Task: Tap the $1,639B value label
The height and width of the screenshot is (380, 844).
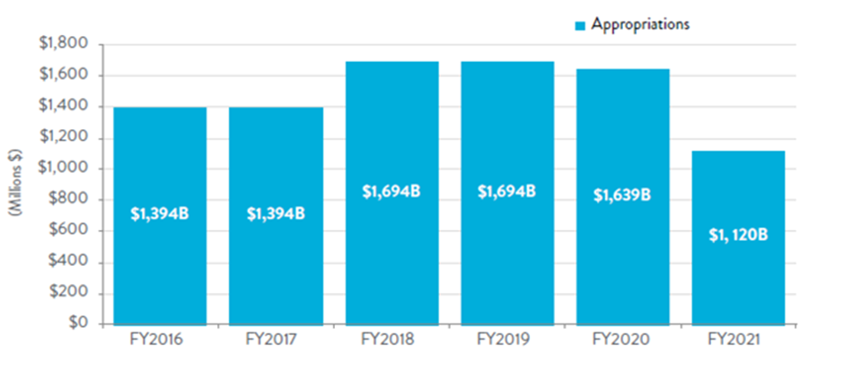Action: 622,195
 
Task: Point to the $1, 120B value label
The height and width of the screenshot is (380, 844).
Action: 738,237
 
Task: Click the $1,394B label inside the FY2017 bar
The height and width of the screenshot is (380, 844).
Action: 276,214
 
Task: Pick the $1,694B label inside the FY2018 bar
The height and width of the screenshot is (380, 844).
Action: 391,190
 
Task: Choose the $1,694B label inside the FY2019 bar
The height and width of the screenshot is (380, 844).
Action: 507,190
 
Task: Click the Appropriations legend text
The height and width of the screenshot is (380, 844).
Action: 639,24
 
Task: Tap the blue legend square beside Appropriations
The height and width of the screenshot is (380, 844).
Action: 579,25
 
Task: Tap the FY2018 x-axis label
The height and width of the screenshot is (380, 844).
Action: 391,341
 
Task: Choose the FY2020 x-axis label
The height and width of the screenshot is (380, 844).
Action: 622,341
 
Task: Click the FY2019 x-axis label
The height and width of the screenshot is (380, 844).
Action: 507,341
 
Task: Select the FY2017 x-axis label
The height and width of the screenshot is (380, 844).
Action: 276,341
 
